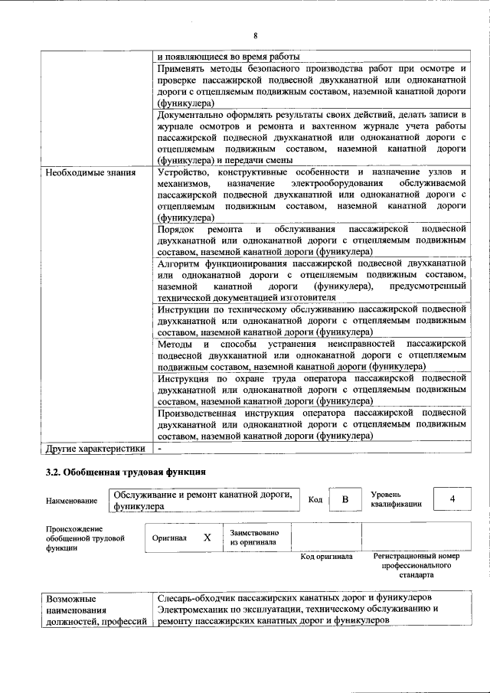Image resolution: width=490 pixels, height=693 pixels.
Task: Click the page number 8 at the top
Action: tap(255, 35)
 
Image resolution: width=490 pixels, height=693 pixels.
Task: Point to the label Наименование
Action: tap(71, 501)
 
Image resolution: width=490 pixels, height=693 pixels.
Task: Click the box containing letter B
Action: tap(345, 500)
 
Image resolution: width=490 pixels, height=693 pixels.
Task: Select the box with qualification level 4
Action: tap(452, 499)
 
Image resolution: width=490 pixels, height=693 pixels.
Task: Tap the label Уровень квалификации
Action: tap(396, 500)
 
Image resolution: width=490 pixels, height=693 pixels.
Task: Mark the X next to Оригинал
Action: tap(207, 538)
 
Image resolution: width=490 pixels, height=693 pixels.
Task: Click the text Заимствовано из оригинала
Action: tap(254, 537)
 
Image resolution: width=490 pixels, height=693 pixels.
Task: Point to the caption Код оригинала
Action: tap(326, 557)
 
